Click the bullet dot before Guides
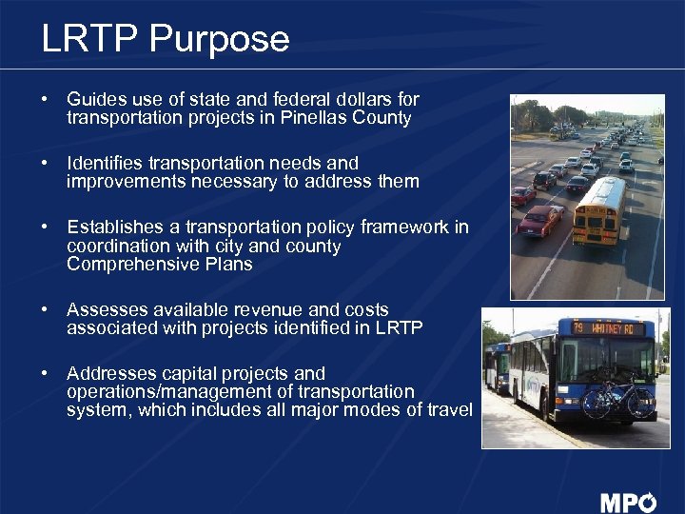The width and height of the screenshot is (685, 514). tap(45, 100)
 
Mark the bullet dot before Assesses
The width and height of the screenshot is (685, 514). tap(45, 310)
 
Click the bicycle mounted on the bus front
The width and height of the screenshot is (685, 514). tap(617, 398)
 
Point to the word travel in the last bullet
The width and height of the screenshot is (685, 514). tap(447, 410)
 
